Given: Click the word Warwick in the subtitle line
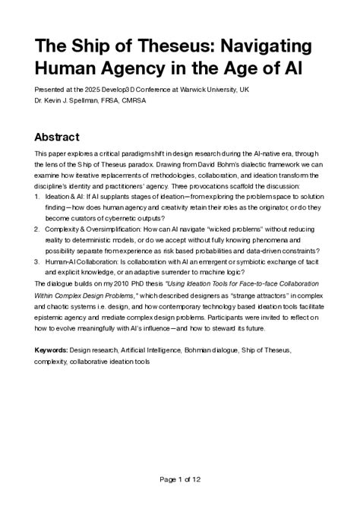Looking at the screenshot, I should pos(190,88).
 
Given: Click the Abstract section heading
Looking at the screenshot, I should pos(68,138).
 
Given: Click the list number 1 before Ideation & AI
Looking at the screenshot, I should pos(37,194).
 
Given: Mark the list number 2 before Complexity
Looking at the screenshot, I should pos(37,227).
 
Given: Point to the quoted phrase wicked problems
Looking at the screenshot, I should pos(238,227).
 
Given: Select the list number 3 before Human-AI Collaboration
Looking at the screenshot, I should pos(37,260).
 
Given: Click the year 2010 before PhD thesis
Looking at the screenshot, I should pos(127,282).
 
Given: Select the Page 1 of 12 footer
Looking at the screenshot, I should pos(180,479).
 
